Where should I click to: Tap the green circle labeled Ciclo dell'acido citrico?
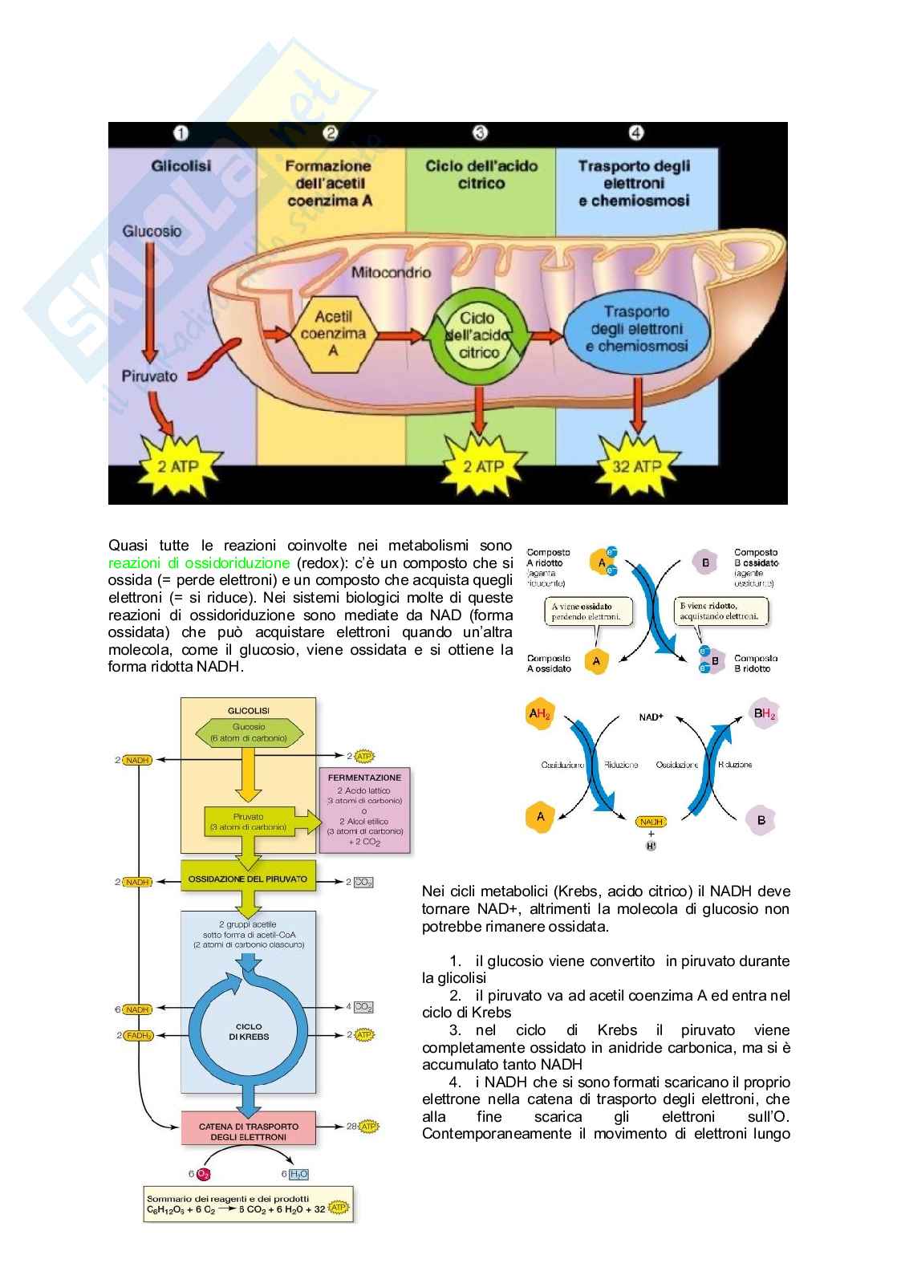(x=478, y=335)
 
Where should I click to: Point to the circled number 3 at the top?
(x=480, y=133)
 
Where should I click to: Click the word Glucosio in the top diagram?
(x=152, y=231)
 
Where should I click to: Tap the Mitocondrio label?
(x=391, y=272)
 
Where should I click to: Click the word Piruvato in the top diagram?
(x=149, y=376)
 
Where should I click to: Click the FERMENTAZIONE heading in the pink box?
(x=364, y=778)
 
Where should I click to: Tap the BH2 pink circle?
(x=763, y=713)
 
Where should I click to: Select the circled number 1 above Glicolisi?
(x=181, y=133)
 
